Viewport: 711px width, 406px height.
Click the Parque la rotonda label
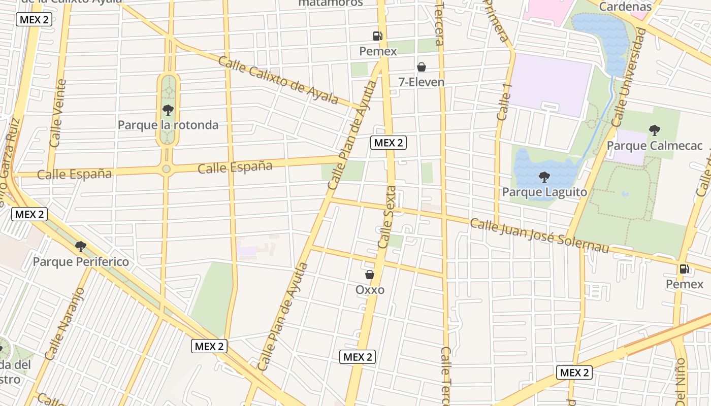(168, 125)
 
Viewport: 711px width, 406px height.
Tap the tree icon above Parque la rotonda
(168, 110)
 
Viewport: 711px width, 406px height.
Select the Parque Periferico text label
(81, 262)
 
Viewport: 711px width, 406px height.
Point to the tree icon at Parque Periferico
(80, 247)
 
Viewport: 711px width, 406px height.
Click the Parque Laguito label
(544, 192)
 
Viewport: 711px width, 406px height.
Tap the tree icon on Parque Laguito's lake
(544, 177)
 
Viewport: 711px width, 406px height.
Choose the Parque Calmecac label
(655, 146)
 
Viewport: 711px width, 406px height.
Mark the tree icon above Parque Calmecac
(655, 130)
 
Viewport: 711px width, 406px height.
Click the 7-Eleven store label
(421, 82)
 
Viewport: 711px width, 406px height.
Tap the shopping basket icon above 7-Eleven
(421, 67)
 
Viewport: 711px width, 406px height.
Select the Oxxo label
(370, 290)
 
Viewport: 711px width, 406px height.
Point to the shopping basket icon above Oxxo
(370, 275)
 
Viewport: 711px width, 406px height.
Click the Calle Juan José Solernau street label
(539, 235)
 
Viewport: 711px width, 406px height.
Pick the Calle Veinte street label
(57, 113)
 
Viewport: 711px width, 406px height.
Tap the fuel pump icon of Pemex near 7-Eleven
(377, 36)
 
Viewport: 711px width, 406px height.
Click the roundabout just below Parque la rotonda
(166, 169)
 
